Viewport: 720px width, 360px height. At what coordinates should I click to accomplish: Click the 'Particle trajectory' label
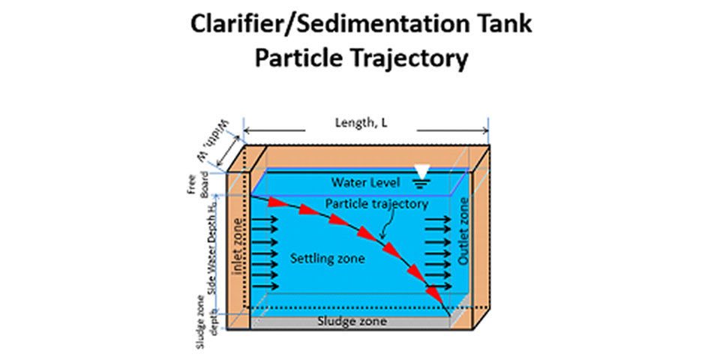click(x=377, y=203)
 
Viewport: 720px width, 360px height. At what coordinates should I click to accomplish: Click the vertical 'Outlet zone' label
click(x=463, y=233)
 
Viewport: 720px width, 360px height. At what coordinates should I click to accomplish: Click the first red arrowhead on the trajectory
click(x=278, y=202)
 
